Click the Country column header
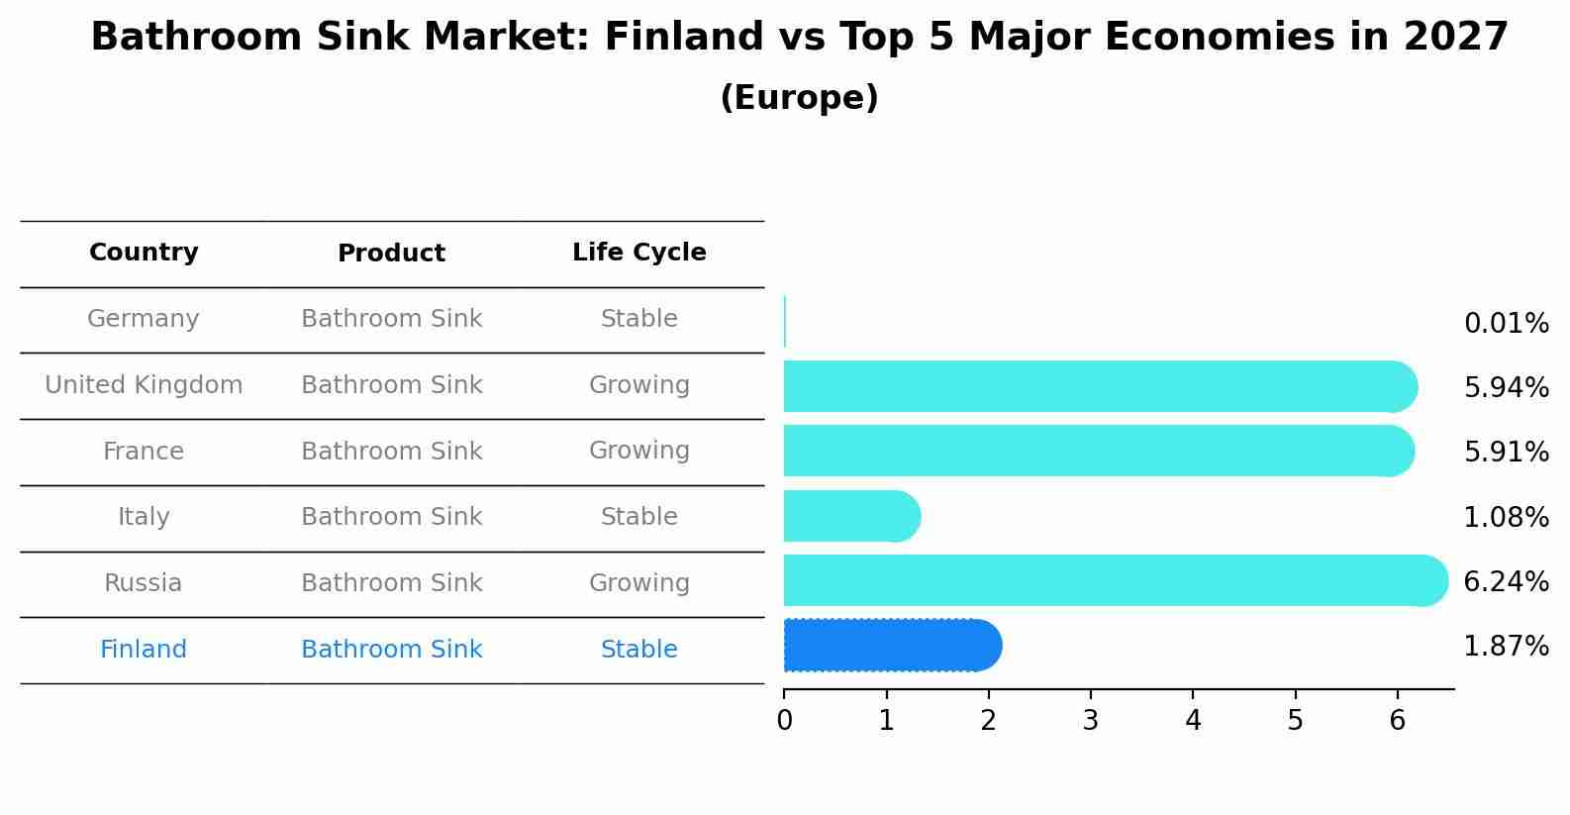click(144, 253)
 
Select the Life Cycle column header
click(638, 253)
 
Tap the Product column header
click(391, 254)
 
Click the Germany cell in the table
click(144, 319)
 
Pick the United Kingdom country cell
click(144, 385)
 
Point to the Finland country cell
click(144, 650)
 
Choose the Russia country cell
click(144, 583)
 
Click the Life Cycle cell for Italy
click(638, 517)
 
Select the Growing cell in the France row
click(638, 451)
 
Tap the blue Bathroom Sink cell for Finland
click(391, 650)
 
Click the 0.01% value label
click(1506, 324)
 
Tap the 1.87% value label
click(1506, 647)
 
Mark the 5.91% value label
click(1506, 453)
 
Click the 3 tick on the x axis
click(1090, 721)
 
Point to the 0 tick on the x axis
click(784, 721)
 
